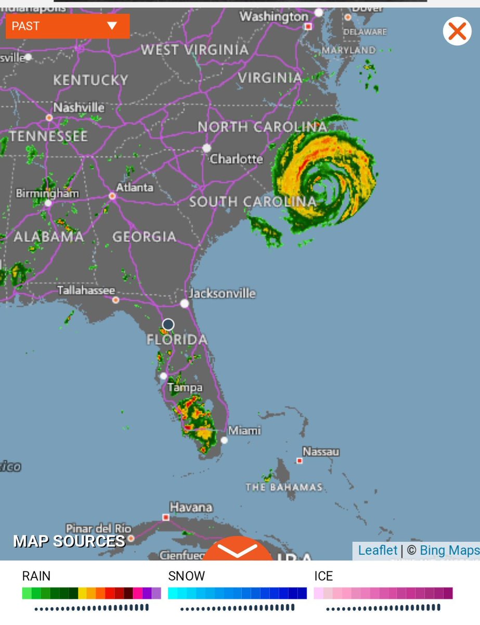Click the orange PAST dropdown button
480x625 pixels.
68,26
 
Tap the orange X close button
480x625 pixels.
457,31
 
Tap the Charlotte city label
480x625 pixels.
236,158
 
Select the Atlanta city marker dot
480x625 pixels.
112,196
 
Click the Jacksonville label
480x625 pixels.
222,293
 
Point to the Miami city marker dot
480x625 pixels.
224,440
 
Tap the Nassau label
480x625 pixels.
321,452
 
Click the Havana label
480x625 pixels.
191,507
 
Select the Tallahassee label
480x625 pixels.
86,290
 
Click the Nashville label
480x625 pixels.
79,107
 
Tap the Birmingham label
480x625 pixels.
47,193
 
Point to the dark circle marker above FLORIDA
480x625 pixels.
168,325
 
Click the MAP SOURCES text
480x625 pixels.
69,541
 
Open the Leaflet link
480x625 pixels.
378,551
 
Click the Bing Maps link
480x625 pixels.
449,551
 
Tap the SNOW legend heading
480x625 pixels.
186,576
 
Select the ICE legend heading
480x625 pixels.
323,576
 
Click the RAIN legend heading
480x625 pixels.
36,576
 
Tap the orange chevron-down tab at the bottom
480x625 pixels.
238,550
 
